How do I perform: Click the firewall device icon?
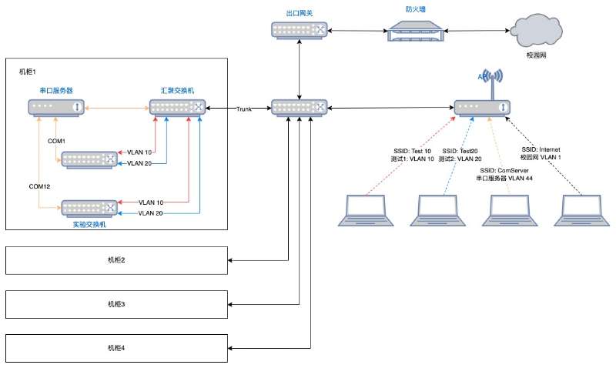coord(416,32)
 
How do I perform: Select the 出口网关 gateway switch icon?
coord(300,31)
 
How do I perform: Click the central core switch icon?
coord(300,108)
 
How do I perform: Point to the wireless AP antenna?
coord(493,79)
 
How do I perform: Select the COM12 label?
coord(40,187)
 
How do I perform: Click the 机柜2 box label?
coord(116,260)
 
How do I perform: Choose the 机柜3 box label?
coord(116,305)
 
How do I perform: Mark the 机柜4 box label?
coord(116,348)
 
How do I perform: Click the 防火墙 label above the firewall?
coord(416,9)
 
